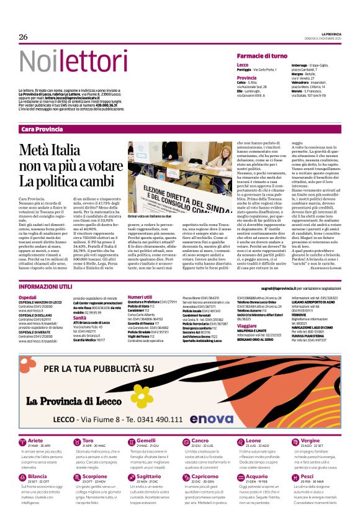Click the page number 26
(24, 37)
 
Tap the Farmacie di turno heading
(262, 56)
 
